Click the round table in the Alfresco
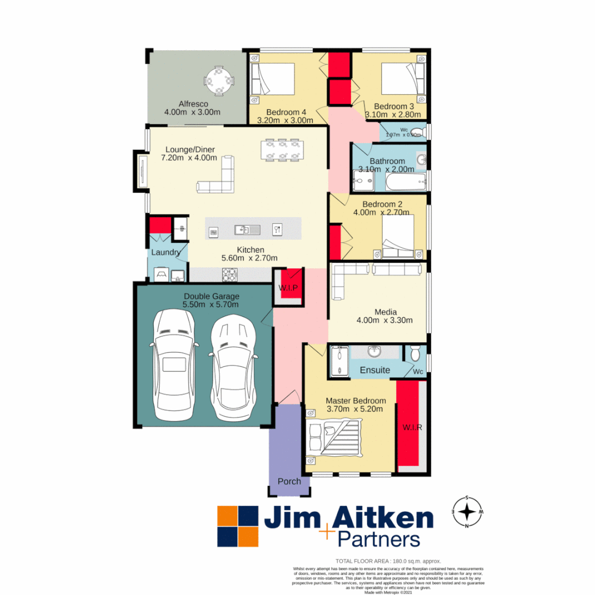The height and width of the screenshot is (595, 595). pos(219,80)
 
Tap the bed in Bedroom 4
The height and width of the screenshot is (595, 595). pos(272,80)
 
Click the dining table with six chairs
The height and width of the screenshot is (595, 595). pos(282,149)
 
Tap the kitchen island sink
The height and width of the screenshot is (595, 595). pos(242,229)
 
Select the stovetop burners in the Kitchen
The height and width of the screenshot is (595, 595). pos(229,273)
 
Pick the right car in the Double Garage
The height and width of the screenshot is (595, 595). pos(232,366)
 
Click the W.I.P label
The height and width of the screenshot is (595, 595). pos(288,288)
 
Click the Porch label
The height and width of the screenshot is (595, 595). pos(289,482)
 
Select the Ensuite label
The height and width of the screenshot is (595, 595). pos(375,370)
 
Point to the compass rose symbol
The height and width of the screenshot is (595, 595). pos(467,512)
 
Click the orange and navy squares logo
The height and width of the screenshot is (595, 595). pos(237,526)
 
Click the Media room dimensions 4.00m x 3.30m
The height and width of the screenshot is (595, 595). pos(385,320)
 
